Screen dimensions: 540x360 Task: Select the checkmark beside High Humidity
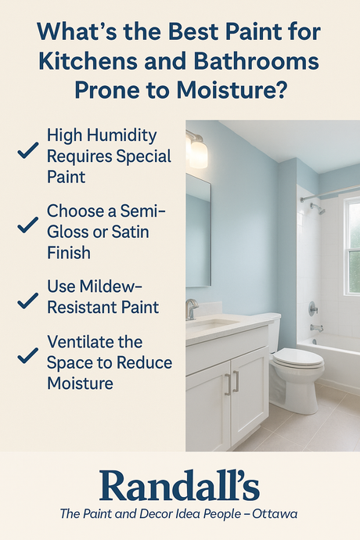(28, 151)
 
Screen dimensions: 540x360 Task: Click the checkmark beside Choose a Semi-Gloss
(28, 226)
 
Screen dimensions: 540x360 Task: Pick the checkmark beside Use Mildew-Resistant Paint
(28, 301)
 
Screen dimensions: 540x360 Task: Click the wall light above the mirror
(197, 150)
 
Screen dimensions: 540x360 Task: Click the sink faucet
(191, 309)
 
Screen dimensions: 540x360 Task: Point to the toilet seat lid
(297, 358)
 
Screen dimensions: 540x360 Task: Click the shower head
(318, 208)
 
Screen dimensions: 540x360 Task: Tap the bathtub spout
(315, 328)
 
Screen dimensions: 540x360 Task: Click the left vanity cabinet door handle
(226, 383)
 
